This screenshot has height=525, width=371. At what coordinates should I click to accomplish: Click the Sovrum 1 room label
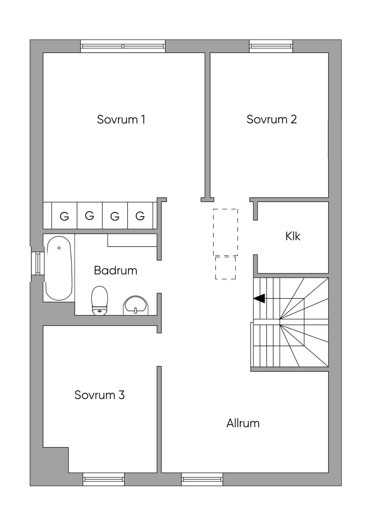[x=121, y=119]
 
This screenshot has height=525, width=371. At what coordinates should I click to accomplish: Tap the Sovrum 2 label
[x=272, y=119]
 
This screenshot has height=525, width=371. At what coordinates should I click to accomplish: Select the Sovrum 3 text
[x=100, y=395]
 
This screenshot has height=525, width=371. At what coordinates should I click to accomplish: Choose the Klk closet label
[x=293, y=236]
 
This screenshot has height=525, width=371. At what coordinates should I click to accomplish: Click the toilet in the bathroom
[x=100, y=301]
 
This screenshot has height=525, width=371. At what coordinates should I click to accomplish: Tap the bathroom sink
[x=136, y=305]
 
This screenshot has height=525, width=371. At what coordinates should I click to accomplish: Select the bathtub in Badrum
[x=59, y=268]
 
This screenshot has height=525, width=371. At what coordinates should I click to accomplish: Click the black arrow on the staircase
[x=259, y=298]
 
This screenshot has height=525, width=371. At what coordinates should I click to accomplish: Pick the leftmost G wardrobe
[x=64, y=216]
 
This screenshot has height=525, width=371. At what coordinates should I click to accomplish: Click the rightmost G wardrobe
[x=140, y=216]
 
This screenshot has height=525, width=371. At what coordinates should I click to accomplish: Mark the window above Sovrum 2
[x=271, y=46]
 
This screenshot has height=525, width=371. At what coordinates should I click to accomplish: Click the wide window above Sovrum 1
[x=123, y=46]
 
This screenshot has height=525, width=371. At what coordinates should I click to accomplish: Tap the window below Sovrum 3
[x=104, y=479]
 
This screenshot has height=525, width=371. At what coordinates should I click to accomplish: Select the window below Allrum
[x=202, y=479]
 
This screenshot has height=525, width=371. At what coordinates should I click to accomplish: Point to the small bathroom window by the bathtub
[x=37, y=263]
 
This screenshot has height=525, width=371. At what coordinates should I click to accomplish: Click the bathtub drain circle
[x=59, y=248]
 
